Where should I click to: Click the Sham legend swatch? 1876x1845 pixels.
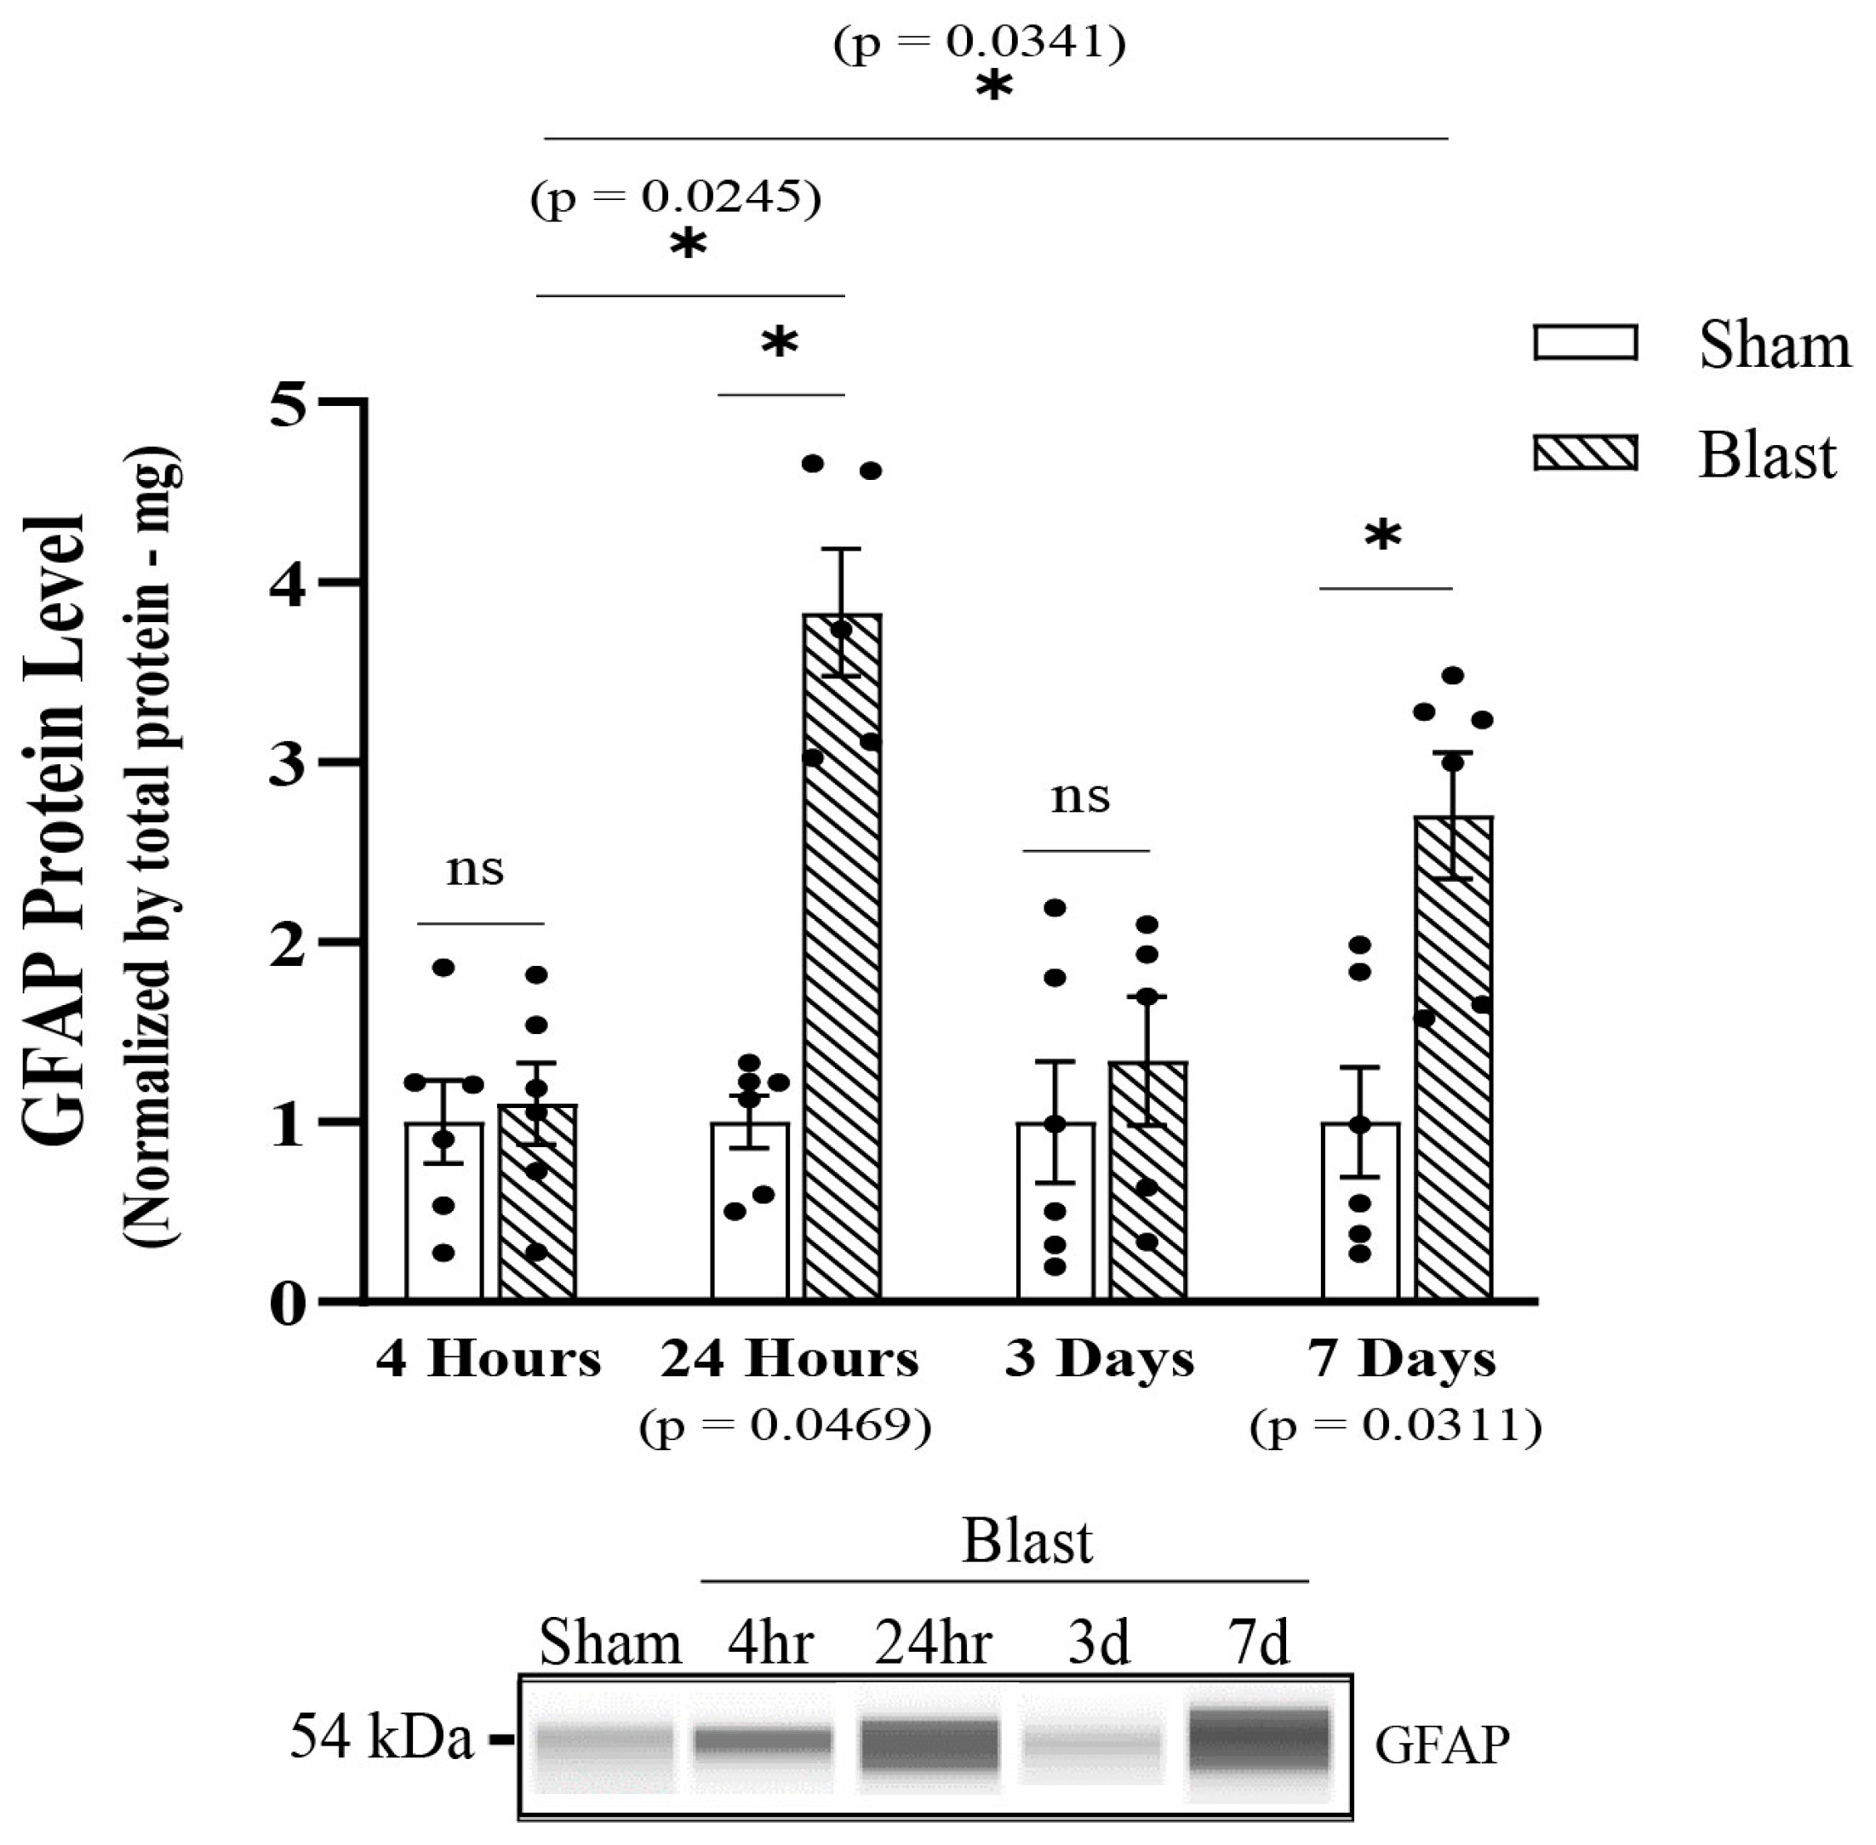tap(1585, 343)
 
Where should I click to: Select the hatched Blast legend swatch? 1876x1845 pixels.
tap(1585, 453)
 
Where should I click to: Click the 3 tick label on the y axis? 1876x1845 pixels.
tap(288, 762)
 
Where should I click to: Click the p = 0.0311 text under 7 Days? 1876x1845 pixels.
tap(1395, 1426)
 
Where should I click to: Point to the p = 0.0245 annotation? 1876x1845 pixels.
tap(675, 197)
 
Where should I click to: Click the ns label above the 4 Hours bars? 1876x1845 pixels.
tap(475, 869)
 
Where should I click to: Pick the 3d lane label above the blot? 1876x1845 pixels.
tap(1099, 1644)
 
